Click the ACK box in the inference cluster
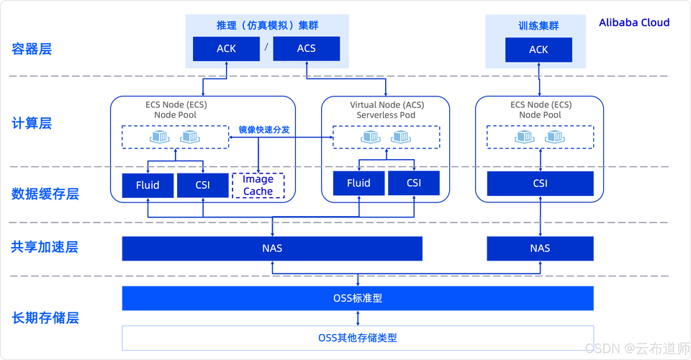226,49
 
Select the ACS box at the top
306,49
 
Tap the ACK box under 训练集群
538,50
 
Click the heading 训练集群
538,26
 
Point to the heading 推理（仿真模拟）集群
267,25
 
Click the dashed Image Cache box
258,185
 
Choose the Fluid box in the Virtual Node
358,183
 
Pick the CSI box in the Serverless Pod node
414,183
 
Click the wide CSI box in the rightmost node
540,184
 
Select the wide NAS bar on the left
272,248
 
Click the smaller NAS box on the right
540,248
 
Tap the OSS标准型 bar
358,298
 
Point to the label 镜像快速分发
264,130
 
